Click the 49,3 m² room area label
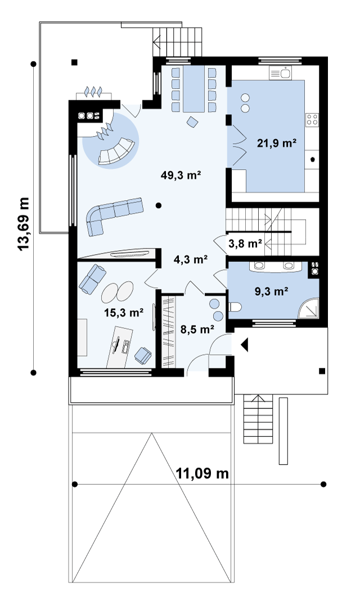pyautogui.click(x=181, y=175)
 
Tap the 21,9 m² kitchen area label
pyautogui.click(x=277, y=143)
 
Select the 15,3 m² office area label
pyautogui.click(x=124, y=312)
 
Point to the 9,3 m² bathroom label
pyautogui.click(x=271, y=291)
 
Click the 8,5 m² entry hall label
pyautogui.click(x=197, y=329)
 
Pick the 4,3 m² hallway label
pyautogui.click(x=191, y=259)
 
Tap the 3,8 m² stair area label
pyautogui.click(x=245, y=243)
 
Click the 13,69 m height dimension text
pyautogui.click(x=24, y=224)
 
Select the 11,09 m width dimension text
pyautogui.click(x=202, y=473)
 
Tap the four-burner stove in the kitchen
pyautogui.click(x=312, y=120)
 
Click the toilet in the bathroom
pyautogui.click(x=235, y=307)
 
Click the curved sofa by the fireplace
pyautogui.click(x=116, y=152)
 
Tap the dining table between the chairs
pyautogui.click(x=193, y=89)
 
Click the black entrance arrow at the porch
pyautogui.click(x=244, y=345)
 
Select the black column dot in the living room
pyautogui.click(x=159, y=205)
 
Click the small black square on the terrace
pyautogui.click(x=74, y=62)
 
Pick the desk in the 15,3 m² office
pyautogui.click(x=120, y=346)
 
